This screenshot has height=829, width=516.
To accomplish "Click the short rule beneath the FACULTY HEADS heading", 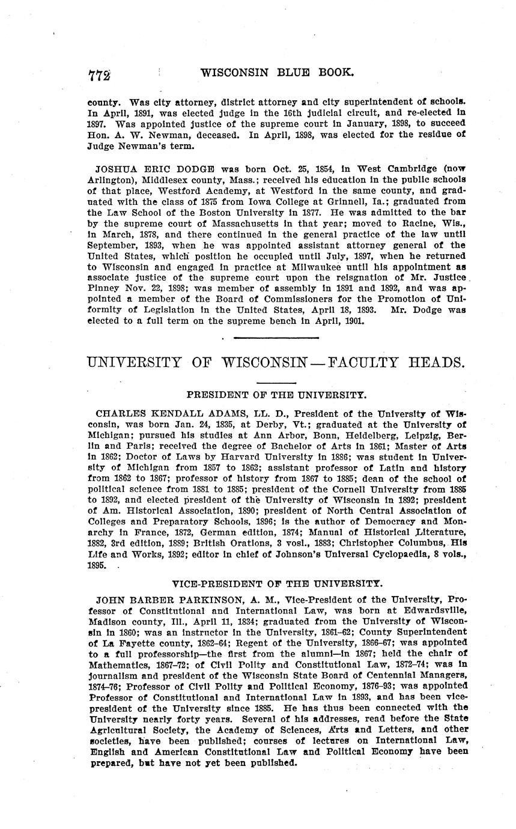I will click(x=276, y=383).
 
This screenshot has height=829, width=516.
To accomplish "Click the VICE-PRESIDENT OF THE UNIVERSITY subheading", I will click(x=276, y=583).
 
